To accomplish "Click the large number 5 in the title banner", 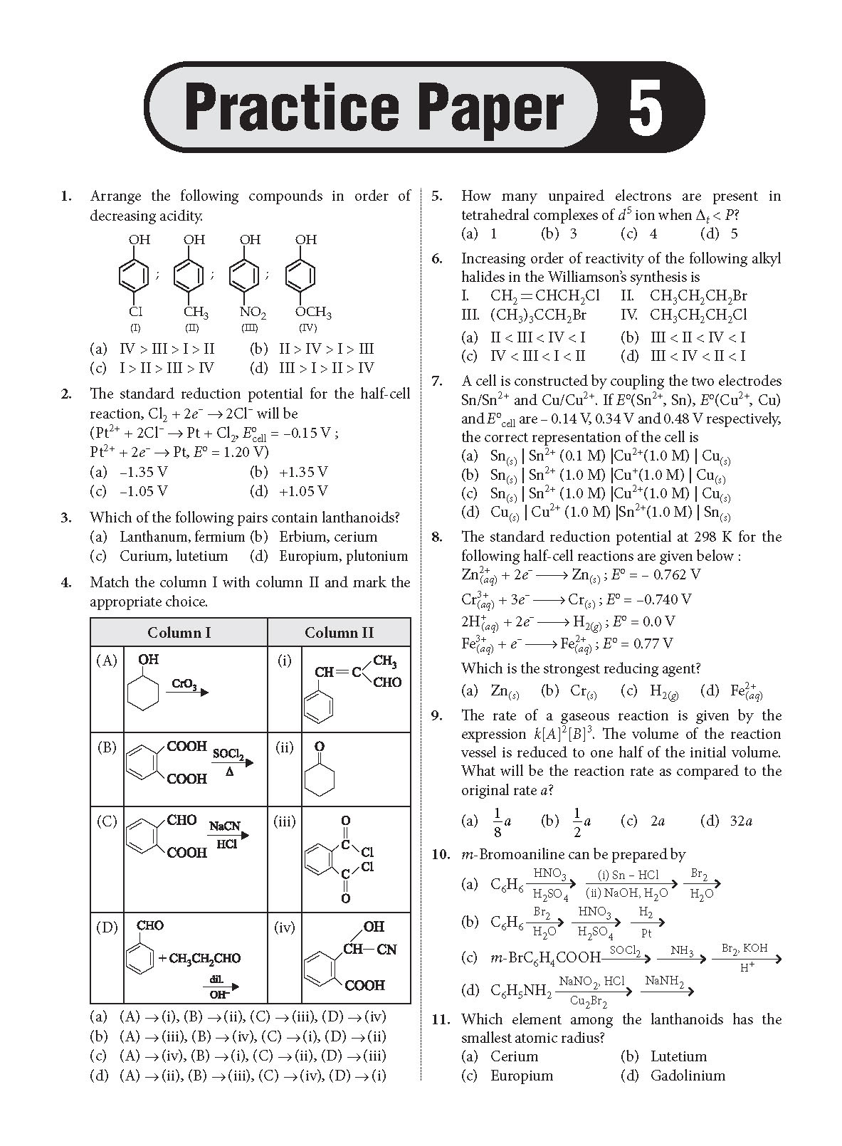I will coord(645,108).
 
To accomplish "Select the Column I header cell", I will coord(179,632).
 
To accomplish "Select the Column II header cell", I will coord(339,632).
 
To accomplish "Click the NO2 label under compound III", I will coord(252,312).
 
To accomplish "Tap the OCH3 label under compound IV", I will coord(312,312).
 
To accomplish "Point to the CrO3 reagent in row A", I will coord(184,684).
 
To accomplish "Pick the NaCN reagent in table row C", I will coord(224,826).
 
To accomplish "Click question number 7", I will coord(438,382).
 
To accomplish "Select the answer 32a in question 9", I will coord(740,821).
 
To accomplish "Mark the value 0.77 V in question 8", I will coord(651,643).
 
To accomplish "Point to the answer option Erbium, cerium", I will coord(328,537).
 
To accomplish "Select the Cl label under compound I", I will coord(135,312).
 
